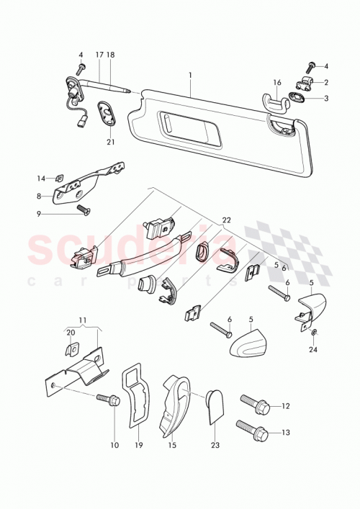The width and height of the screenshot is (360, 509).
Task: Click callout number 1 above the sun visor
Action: (x=190, y=75)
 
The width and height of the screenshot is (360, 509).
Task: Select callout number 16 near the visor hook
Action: (x=277, y=84)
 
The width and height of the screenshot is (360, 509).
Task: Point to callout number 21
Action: (x=111, y=143)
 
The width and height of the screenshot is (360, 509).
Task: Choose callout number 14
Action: (x=41, y=178)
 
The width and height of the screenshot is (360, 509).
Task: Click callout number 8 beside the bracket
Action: (x=41, y=194)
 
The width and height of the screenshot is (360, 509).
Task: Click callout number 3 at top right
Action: (x=325, y=99)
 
